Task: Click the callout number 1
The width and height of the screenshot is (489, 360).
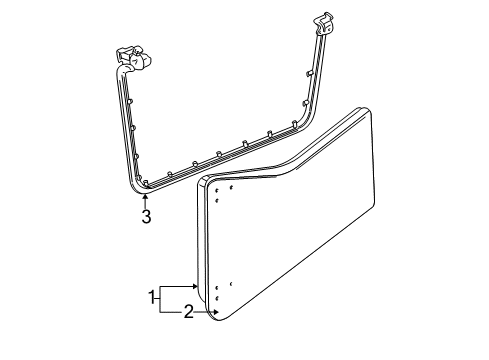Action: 153,297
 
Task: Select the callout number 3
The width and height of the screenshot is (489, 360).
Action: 146,217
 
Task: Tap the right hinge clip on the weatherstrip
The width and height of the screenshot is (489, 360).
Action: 323,24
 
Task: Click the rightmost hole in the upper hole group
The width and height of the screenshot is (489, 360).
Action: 231,187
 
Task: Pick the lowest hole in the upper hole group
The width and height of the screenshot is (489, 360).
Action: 217,200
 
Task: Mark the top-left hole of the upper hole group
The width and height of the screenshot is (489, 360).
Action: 217,188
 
